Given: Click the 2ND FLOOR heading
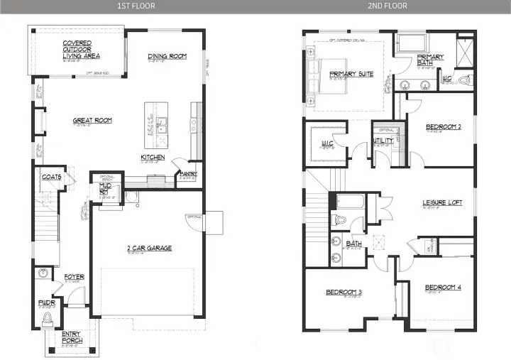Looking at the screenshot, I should click(x=387, y=6).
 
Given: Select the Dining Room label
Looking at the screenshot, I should click(x=167, y=56).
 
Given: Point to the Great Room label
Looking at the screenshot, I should click(x=92, y=121).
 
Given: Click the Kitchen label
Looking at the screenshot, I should click(x=153, y=157).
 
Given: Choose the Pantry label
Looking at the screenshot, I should click(x=188, y=173).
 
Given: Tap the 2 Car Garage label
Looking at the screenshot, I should click(x=149, y=248).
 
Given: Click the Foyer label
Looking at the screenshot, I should click(x=75, y=277).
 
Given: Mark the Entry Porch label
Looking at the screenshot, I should click(x=72, y=338).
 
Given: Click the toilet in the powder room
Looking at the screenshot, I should click(x=48, y=317).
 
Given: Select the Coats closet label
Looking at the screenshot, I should click(x=51, y=177).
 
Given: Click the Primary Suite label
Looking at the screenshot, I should click(x=351, y=73).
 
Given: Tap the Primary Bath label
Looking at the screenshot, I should click(x=430, y=60).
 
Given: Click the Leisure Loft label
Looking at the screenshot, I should click(x=442, y=202).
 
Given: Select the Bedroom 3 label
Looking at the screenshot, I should click(x=344, y=292).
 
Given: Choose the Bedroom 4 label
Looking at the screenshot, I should click(x=443, y=287).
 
